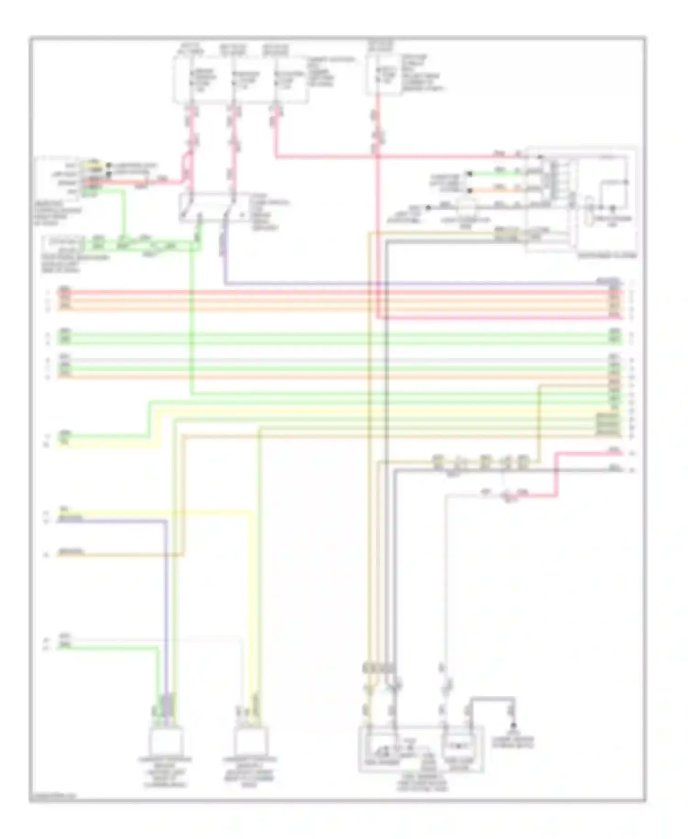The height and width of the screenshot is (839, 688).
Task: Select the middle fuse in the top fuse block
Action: [x=234, y=79]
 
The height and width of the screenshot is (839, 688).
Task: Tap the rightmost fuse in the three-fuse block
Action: [x=276, y=79]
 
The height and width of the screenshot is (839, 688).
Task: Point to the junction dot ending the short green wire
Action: [x=469, y=174]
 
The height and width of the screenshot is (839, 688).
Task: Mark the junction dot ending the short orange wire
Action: [x=469, y=190]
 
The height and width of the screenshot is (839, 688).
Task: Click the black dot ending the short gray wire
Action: [x=428, y=208]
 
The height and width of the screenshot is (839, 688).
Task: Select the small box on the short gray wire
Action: [x=466, y=207]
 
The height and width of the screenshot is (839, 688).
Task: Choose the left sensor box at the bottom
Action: [x=166, y=741]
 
